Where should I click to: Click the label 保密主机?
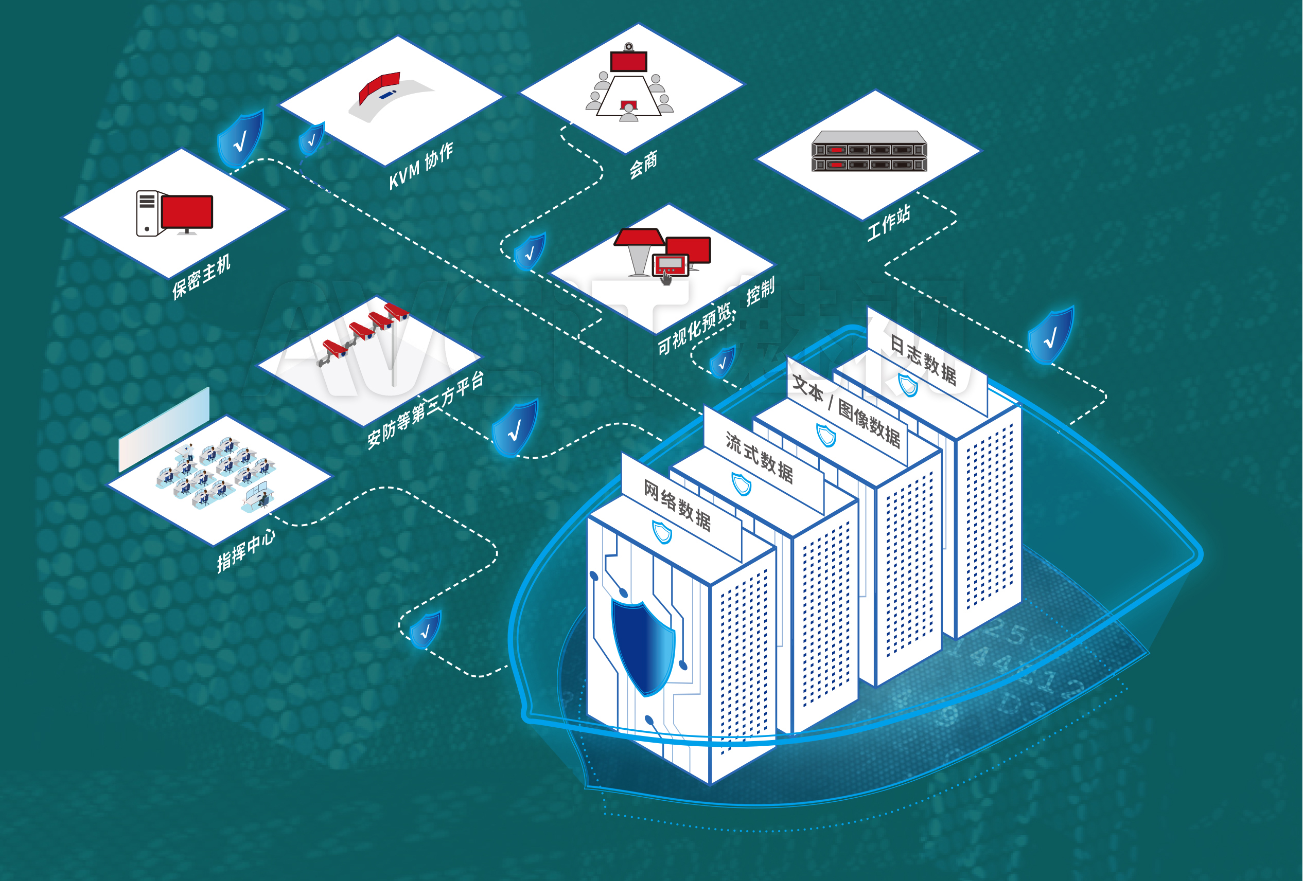point(201,277)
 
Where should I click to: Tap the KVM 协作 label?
point(421,166)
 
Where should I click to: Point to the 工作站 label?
point(888,223)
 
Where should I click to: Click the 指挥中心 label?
point(246,551)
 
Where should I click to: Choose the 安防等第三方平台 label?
point(425,411)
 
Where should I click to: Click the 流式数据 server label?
point(759,458)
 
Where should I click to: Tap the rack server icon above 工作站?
point(869,151)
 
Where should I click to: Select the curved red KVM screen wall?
point(380,87)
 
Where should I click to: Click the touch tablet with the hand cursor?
point(671,265)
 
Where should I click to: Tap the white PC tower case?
point(147,213)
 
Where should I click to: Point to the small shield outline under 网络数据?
point(662,532)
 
